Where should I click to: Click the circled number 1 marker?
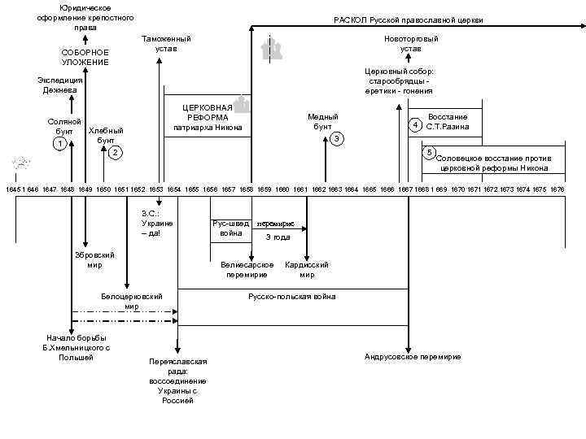tap(59, 144)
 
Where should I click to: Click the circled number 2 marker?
tap(116, 153)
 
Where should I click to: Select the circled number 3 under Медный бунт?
tap(336, 139)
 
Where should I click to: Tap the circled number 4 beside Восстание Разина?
tap(415, 125)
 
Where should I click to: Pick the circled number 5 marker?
tap(430, 153)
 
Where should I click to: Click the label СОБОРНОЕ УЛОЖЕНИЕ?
tap(85, 57)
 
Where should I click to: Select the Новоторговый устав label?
tap(410, 44)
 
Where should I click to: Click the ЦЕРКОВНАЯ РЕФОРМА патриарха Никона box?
tap(208, 117)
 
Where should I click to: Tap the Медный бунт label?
tap(322, 122)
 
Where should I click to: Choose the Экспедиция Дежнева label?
tap(59, 85)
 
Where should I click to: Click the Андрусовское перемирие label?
tap(413, 357)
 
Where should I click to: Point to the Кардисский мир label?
tap(307, 269)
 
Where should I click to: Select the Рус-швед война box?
tap(230, 228)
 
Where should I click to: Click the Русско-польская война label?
tap(291, 297)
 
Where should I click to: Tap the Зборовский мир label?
tap(94, 259)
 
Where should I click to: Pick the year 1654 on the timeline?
tap(173, 189)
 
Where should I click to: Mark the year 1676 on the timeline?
tap(558, 189)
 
